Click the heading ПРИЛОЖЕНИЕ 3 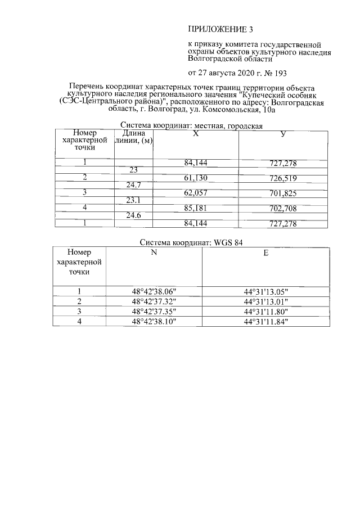pyautogui.click(x=217, y=28)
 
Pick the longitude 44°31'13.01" pyautogui.click(x=266, y=301)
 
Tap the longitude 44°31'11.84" pyautogui.click(x=266, y=321)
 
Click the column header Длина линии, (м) pyautogui.click(x=134, y=138)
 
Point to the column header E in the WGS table pyautogui.click(x=265, y=253)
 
